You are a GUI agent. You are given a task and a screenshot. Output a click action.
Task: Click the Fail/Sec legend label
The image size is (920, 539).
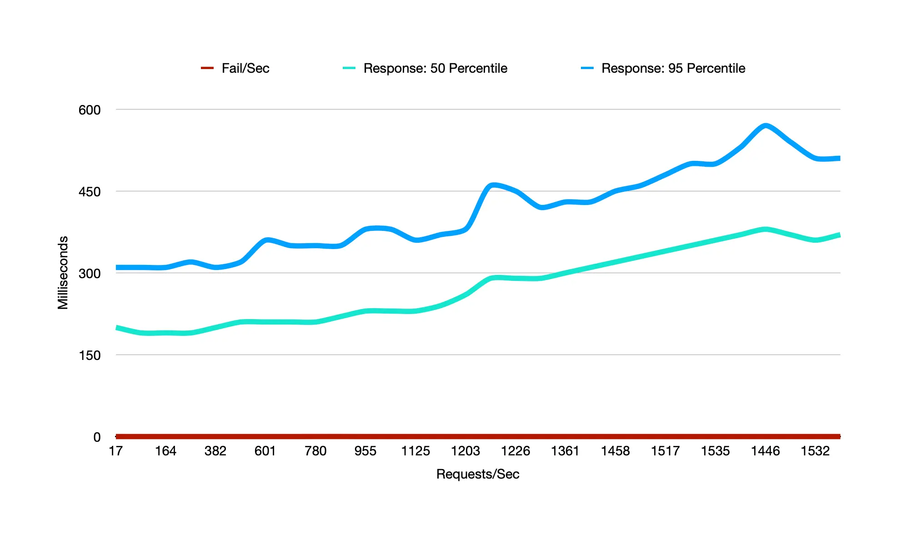click(x=245, y=68)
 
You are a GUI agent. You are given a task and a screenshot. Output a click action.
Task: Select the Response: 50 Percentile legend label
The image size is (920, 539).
click(x=435, y=68)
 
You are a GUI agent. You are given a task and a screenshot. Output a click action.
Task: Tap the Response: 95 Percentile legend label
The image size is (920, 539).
click(x=673, y=68)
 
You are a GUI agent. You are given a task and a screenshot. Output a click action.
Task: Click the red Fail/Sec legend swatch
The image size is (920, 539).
click(x=207, y=68)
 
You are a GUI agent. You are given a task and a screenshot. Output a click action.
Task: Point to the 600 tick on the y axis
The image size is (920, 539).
click(x=90, y=110)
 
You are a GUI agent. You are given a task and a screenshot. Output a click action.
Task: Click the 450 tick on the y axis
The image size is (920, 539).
click(x=90, y=192)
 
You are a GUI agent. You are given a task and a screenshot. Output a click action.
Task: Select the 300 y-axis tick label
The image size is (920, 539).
click(x=90, y=274)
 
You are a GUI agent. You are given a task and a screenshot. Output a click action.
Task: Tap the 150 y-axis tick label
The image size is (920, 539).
click(x=90, y=355)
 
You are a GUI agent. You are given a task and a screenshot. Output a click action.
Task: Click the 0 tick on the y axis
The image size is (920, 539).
click(x=97, y=437)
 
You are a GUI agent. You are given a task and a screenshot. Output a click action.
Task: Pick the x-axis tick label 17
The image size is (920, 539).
click(x=116, y=451)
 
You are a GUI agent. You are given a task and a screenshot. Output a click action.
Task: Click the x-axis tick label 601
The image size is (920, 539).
click(x=265, y=451)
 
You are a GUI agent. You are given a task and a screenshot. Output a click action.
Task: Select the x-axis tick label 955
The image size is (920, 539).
click(x=365, y=451)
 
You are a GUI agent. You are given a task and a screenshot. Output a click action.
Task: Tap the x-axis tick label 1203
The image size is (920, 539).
click(x=465, y=451)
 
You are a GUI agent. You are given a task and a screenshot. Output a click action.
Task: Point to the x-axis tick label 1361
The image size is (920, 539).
click(x=565, y=451)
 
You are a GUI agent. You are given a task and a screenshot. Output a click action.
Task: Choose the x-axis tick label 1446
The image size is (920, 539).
click(x=765, y=451)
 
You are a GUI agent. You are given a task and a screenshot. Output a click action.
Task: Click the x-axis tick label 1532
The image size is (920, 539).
click(x=815, y=451)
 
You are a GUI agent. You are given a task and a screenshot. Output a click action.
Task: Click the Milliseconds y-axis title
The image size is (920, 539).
click(x=63, y=273)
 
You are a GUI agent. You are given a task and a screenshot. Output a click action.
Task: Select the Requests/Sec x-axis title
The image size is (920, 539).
click(x=478, y=474)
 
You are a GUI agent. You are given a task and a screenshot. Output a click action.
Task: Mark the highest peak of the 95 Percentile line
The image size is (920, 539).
click(x=766, y=126)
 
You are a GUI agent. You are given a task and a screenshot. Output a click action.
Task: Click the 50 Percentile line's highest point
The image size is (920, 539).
click(x=766, y=230)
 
